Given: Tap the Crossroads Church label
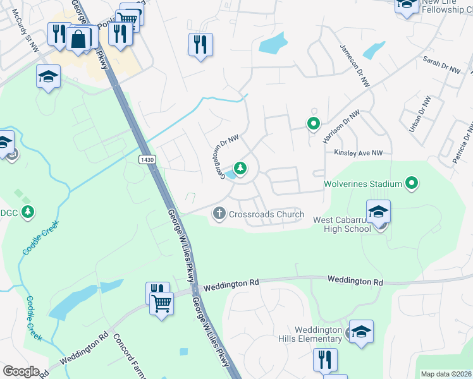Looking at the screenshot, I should tap(266, 214).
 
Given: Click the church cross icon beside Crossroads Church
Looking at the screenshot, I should tap(219, 214).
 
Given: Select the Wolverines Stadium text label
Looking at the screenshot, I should tap(362, 184).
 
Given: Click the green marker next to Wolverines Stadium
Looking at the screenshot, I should tap(412, 184).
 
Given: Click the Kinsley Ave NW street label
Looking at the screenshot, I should tap(359, 153).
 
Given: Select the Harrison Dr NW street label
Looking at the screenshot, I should tap(341, 125).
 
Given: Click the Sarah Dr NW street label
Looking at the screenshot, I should tap(441, 65).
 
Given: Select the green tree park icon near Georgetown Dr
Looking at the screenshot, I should tap(240, 168).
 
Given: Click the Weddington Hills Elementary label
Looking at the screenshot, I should tap(319, 335).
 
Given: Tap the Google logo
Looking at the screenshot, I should tap(21, 371).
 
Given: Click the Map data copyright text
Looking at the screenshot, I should tap(445, 374).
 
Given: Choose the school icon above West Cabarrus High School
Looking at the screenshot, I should tap(378, 212).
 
